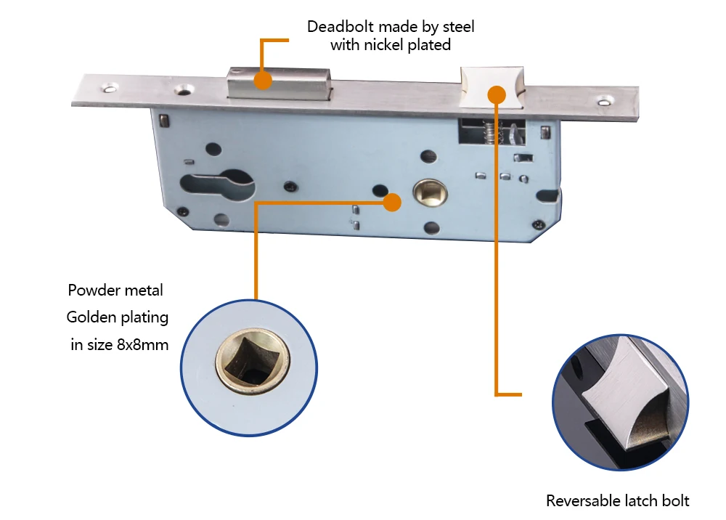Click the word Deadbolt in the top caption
(336, 27)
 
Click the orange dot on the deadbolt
(264, 79)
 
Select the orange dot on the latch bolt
(497, 95)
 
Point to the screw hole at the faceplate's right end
(603, 105)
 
